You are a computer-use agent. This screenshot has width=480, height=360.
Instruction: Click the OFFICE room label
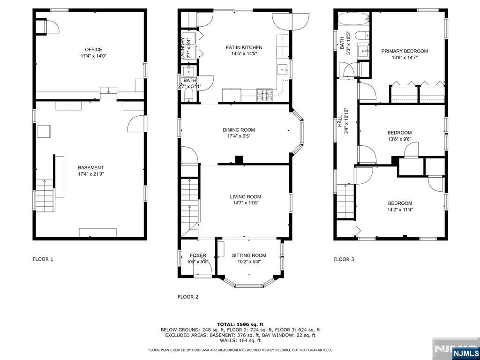click(x=93, y=50)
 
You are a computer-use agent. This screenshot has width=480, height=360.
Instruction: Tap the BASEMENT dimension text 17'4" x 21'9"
click(x=90, y=174)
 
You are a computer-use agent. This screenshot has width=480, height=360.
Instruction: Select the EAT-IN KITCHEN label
click(x=244, y=47)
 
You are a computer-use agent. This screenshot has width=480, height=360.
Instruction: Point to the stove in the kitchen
click(x=264, y=95)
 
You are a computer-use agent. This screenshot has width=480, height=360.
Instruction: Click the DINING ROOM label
click(x=239, y=130)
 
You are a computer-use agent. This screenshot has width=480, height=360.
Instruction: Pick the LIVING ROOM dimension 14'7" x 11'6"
click(x=246, y=203)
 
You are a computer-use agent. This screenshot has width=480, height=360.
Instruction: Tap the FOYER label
click(x=198, y=255)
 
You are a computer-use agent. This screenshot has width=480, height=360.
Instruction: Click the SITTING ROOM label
click(x=249, y=255)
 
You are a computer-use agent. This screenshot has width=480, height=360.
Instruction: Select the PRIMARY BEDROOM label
click(x=405, y=51)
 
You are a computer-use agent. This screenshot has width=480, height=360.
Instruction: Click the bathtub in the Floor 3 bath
click(x=354, y=19)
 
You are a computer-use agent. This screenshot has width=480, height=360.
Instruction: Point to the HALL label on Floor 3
click(x=339, y=121)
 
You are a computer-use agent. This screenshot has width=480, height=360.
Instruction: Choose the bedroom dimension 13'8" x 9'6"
click(x=399, y=139)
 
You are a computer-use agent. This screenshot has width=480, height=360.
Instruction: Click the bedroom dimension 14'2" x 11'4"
click(x=400, y=210)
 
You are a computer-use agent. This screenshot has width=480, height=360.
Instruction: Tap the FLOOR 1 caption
click(x=43, y=259)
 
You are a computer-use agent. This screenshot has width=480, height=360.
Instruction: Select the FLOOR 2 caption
click(x=188, y=297)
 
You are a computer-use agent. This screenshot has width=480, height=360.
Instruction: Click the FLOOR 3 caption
click(x=344, y=259)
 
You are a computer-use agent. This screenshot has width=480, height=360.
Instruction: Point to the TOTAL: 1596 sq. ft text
click(x=240, y=324)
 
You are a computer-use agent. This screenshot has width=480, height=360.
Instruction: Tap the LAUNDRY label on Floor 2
click(x=182, y=48)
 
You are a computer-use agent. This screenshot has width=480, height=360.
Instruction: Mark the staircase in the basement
click(x=45, y=195)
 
